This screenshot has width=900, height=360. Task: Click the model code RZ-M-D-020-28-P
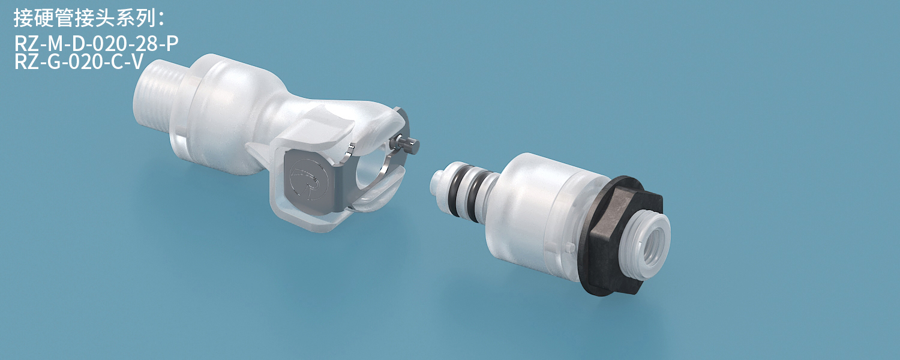(97, 43)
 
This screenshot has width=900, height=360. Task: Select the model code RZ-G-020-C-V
(79, 62)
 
